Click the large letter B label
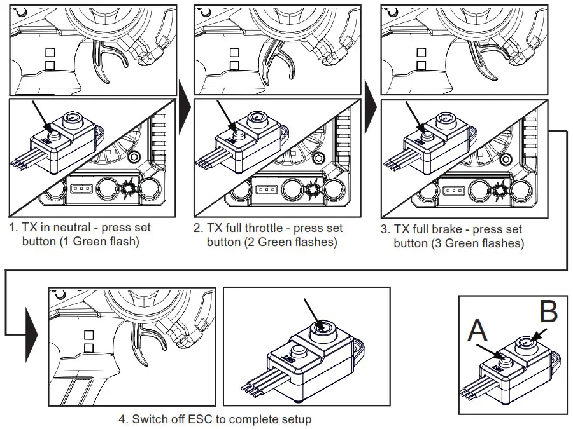tap(548, 313)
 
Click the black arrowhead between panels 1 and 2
tap(185, 114)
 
